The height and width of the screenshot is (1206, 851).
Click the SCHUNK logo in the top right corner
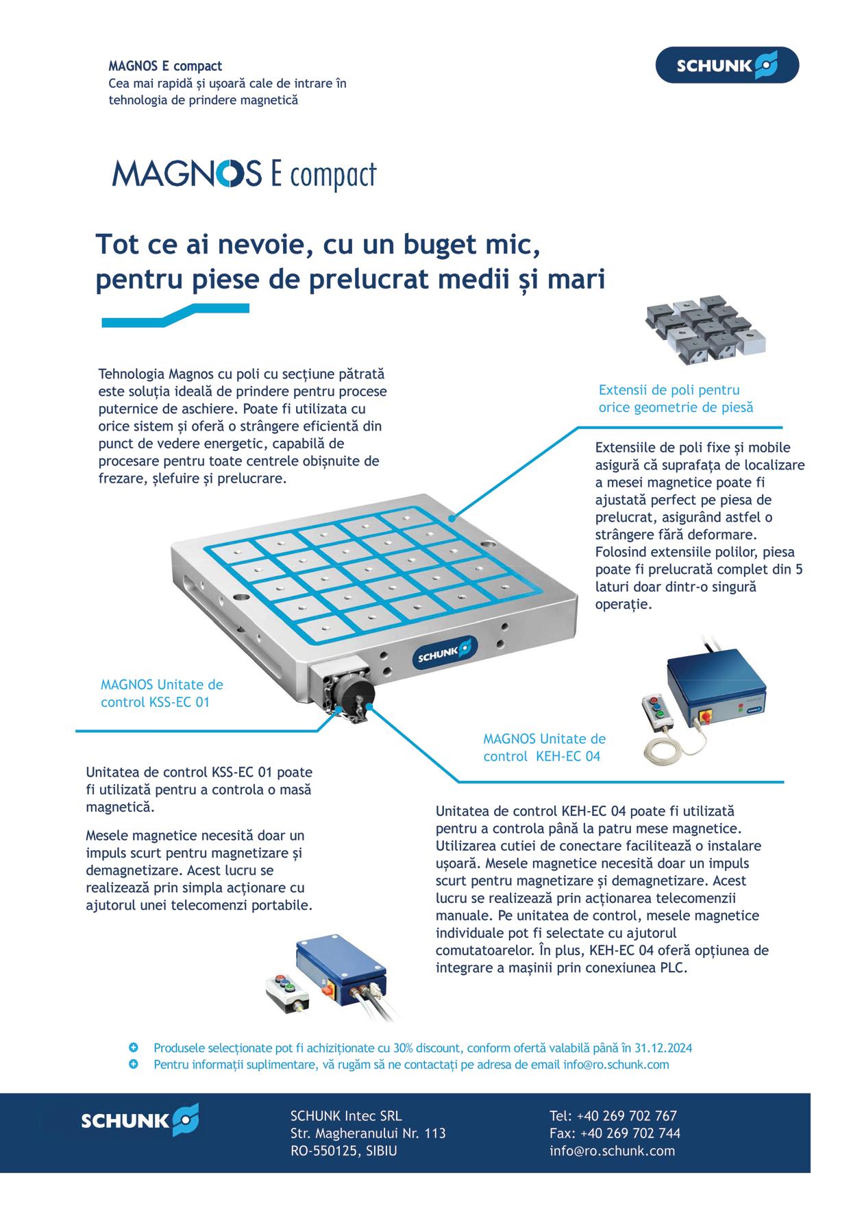tap(727, 65)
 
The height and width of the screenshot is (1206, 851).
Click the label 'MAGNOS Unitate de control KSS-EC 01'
tap(162, 693)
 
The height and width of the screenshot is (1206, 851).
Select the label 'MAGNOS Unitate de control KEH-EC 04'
tap(544, 748)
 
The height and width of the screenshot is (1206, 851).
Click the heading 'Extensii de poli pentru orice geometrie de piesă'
tap(676, 398)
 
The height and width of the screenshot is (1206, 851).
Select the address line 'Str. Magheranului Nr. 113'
tap(368, 1133)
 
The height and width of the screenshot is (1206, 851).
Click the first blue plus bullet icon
tap(134, 1048)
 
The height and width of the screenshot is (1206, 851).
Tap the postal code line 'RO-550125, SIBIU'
tap(344, 1151)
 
